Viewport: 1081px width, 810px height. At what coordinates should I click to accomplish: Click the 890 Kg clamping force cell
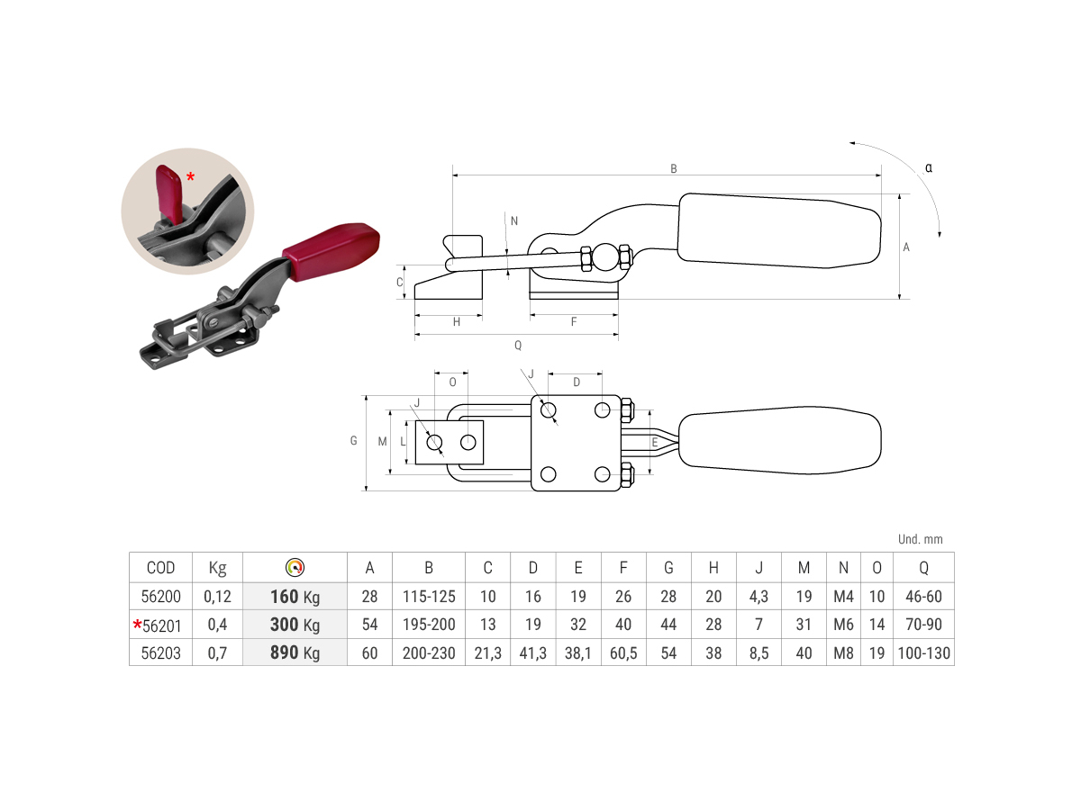(x=295, y=652)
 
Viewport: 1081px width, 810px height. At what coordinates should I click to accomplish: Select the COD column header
(x=160, y=568)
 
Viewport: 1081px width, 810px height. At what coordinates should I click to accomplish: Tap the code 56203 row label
(x=160, y=653)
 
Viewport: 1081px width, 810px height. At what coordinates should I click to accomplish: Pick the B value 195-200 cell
(x=429, y=625)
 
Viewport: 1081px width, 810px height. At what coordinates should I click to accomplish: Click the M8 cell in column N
(x=843, y=653)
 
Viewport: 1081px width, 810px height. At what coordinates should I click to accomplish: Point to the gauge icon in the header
(x=295, y=567)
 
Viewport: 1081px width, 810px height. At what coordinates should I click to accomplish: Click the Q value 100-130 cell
(x=923, y=653)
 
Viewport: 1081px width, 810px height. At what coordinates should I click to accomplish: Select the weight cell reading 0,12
(x=217, y=597)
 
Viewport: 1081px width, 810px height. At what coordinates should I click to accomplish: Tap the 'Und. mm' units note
(x=920, y=539)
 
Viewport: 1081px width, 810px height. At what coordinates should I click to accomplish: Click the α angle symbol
(x=929, y=167)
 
